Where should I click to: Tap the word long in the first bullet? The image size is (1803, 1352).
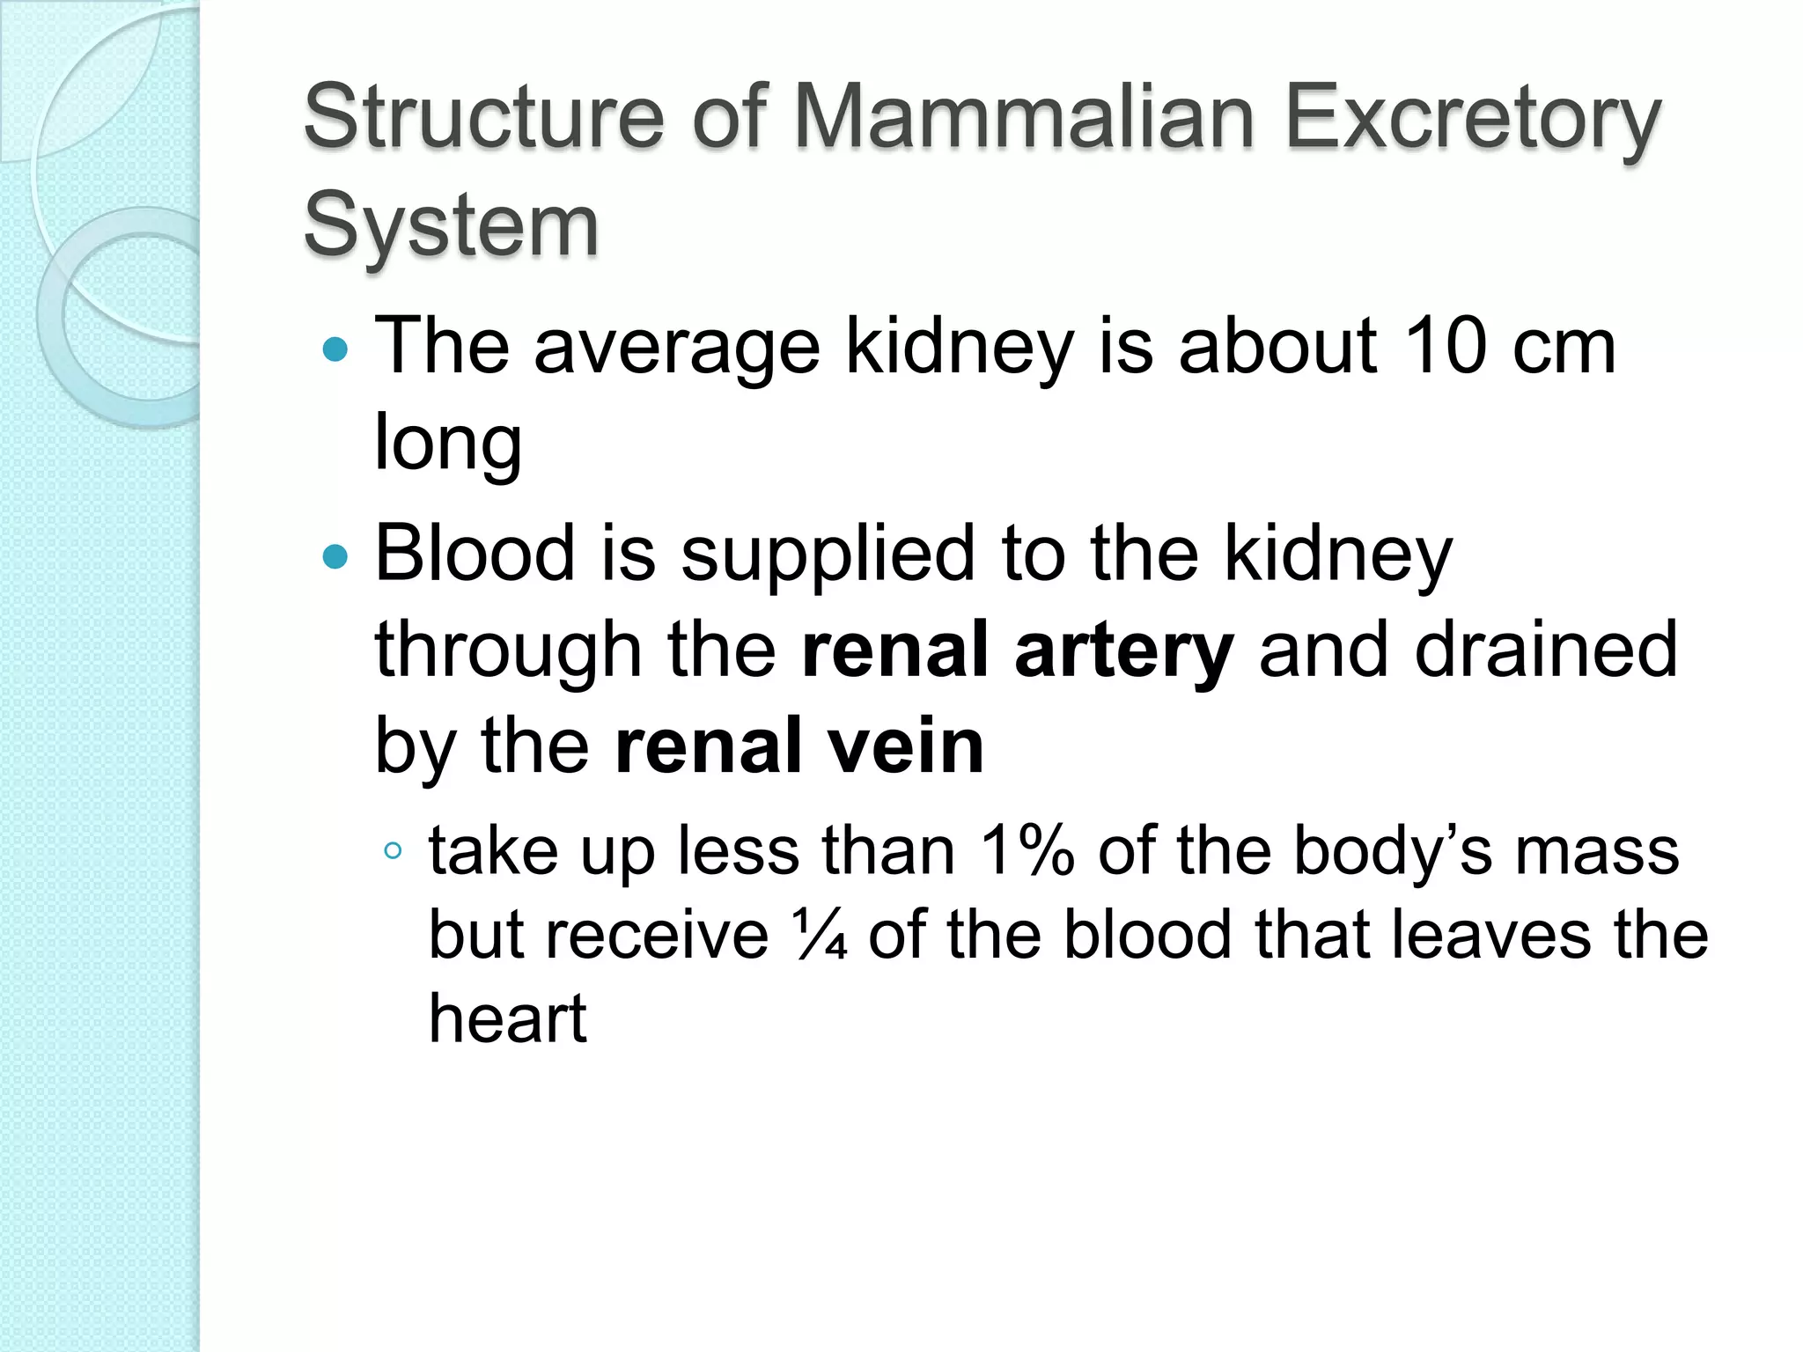(448, 445)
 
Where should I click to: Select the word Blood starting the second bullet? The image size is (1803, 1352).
(475, 554)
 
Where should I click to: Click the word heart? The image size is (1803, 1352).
(507, 1018)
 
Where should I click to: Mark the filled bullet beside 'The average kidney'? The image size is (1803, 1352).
(335, 350)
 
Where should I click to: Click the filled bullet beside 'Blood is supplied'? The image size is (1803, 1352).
(335, 557)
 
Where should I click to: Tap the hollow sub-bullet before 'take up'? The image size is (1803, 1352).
(393, 851)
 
